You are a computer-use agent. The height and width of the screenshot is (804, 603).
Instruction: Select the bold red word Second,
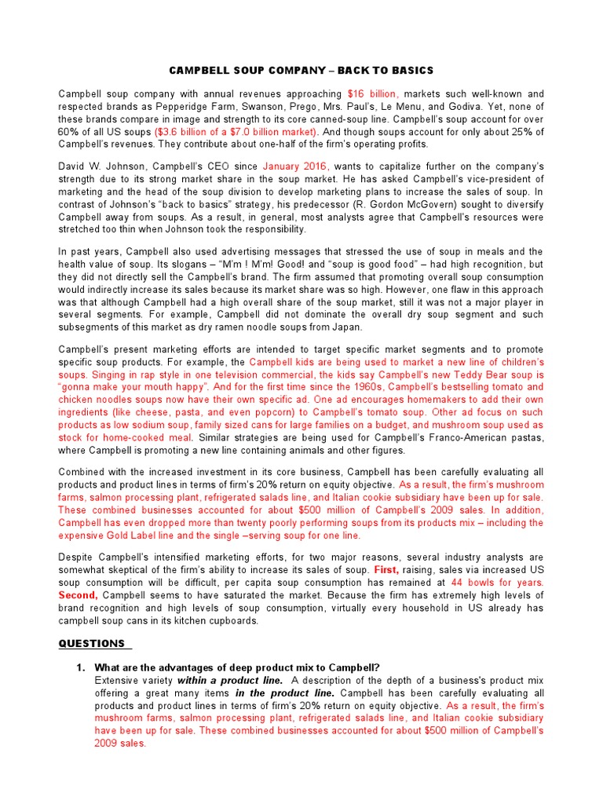pos(79,595)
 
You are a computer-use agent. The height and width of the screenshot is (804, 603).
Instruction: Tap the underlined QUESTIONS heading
pos(92,644)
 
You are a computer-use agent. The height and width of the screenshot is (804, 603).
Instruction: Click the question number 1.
pos(79,667)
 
